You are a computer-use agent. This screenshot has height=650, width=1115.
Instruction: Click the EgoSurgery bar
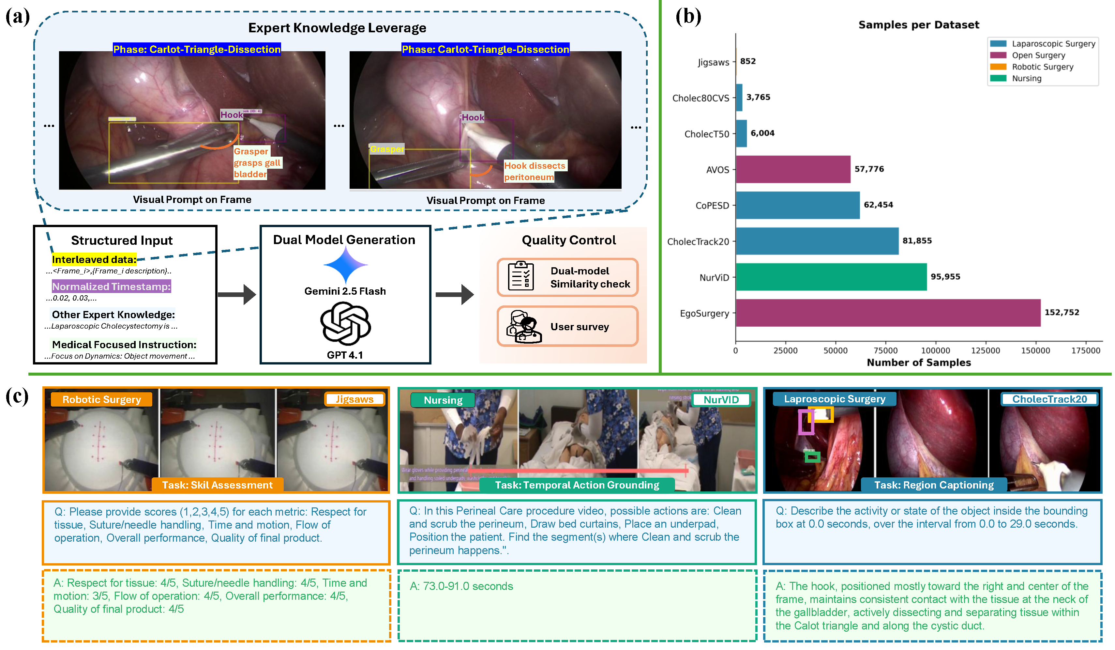click(887, 313)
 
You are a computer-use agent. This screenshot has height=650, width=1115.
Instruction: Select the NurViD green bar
click(831, 277)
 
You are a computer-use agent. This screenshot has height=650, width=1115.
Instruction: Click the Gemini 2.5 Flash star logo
click(345, 265)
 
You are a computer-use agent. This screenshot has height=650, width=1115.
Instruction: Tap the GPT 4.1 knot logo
click(345, 324)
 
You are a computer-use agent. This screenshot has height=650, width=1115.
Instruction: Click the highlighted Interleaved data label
click(94, 259)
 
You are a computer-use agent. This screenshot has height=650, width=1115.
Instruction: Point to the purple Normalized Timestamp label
click(111, 286)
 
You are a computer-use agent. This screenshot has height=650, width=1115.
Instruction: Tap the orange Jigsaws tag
click(354, 399)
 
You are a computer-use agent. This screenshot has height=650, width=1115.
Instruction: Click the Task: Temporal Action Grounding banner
click(577, 485)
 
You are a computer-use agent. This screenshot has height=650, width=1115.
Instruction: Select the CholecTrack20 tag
click(1049, 399)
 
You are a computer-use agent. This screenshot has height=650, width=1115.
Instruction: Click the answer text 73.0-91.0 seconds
click(461, 586)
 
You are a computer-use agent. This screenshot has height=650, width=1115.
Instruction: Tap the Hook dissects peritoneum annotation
click(535, 171)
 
